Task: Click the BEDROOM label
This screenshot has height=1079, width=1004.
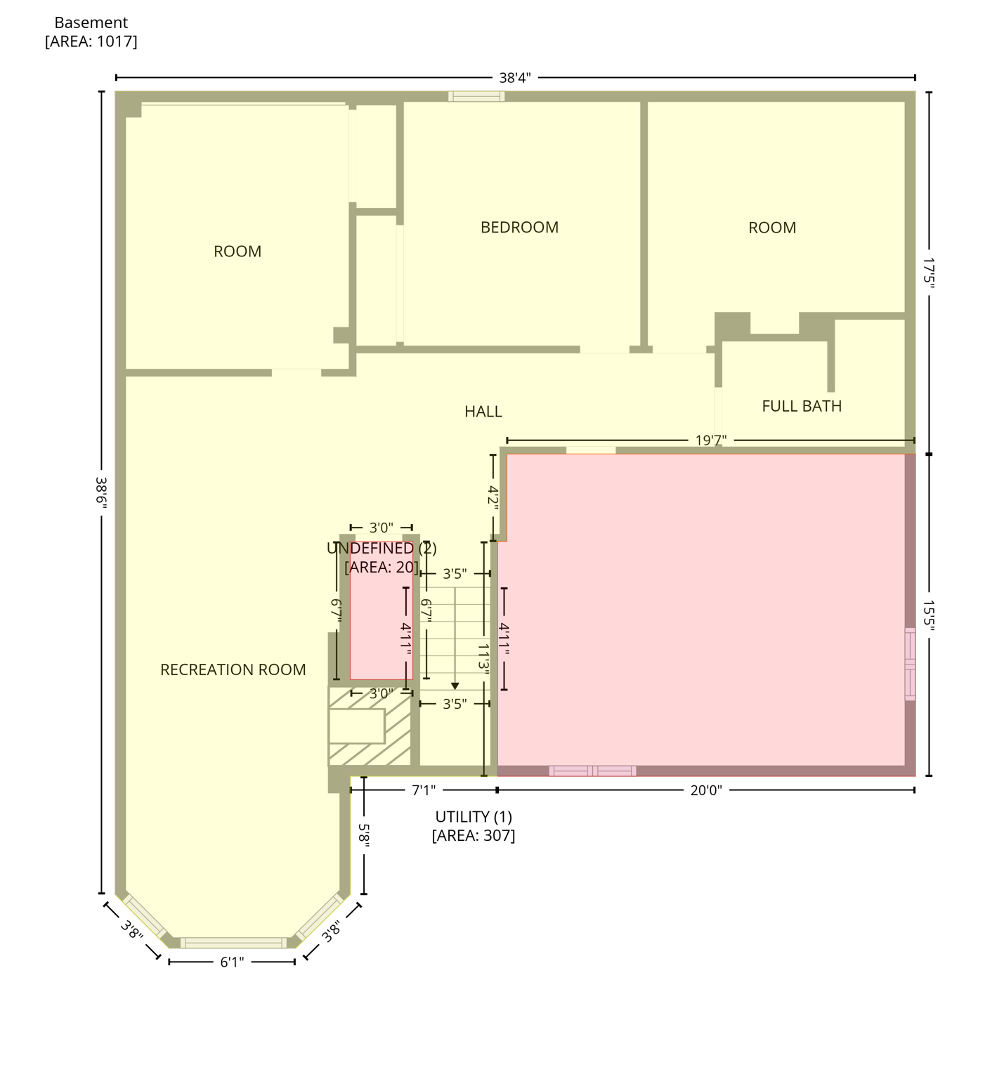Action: click(519, 228)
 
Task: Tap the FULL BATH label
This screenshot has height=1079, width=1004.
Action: click(802, 406)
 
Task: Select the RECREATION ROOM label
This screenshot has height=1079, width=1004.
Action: click(233, 670)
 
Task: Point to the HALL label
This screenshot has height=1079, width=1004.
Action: click(483, 412)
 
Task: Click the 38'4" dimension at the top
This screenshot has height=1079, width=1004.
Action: click(515, 78)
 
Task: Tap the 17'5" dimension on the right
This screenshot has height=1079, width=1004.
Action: click(929, 273)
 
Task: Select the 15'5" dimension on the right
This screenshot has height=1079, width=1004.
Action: click(929, 615)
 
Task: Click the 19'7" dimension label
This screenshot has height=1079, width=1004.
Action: click(711, 440)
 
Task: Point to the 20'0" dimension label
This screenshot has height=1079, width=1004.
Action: click(706, 790)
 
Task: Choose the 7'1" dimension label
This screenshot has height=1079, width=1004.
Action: click(424, 790)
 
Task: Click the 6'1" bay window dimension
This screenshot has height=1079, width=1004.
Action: click(232, 962)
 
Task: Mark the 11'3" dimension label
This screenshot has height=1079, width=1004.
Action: click(483, 658)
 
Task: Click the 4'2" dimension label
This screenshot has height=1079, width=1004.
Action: click(493, 496)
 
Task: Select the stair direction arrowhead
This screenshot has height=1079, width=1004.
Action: click(455, 686)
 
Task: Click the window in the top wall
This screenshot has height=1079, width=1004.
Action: click(476, 96)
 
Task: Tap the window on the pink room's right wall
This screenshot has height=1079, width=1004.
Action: click(910, 664)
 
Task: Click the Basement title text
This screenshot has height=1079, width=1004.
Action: click(91, 23)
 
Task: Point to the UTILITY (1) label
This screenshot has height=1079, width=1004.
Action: click(474, 817)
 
